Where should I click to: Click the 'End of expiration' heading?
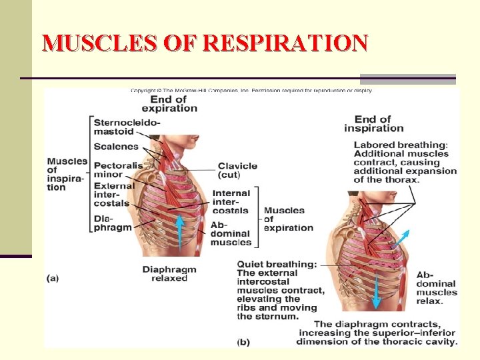(x=169, y=104)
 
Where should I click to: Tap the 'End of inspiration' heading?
(x=373, y=124)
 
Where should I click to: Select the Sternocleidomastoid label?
(x=127, y=127)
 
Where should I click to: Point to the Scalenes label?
(x=116, y=147)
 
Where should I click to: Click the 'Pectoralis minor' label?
(x=117, y=169)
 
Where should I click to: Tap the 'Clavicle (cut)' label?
(x=237, y=170)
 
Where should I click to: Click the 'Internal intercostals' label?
(x=231, y=202)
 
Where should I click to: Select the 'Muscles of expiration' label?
(x=288, y=219)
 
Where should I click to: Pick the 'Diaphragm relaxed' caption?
(x=169, y=273)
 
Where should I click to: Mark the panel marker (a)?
(x=53, y=278)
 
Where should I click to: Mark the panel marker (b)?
(x=243, y=341)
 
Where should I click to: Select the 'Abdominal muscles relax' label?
(x=437, y=288)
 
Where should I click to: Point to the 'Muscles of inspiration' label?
(x=67, y=174)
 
